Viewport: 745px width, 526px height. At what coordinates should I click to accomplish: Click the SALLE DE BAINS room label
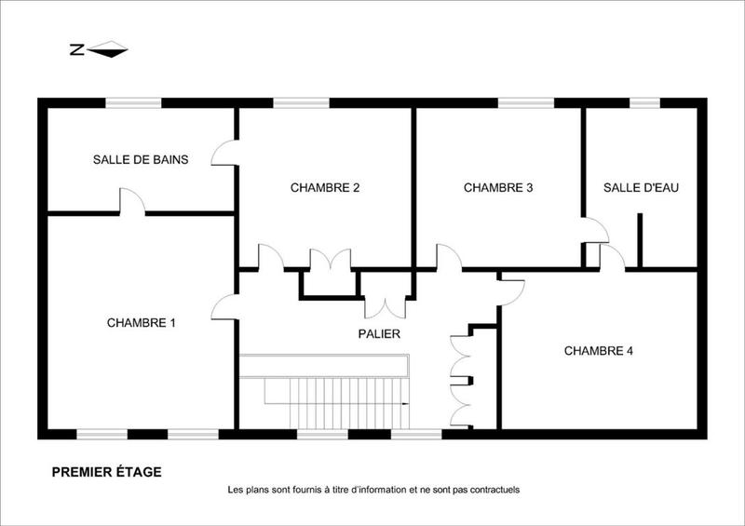pyautogui.click(x=141, y=160)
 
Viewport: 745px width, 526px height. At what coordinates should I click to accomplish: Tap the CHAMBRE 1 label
pyautogui.click(x=142, y=323)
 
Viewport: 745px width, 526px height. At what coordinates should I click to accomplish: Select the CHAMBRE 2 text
pyautogui.click(x=325, y=187)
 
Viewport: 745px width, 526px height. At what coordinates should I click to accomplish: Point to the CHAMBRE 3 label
pyautogui.click(x=498, y=187)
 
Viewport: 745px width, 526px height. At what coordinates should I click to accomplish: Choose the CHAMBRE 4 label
pyautogui.click(x=599, y=351)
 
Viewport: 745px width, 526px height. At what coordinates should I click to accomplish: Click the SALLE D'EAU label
pyautogui.click(x=641, y=187)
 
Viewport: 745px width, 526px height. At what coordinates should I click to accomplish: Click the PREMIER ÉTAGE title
pyautogui.click(x=106, y=472)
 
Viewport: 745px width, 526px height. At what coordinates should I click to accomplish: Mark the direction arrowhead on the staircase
pyautogui.click(x=406, y=403)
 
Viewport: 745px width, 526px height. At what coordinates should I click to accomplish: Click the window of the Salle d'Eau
pyautogui.click(x=644, y=102)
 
